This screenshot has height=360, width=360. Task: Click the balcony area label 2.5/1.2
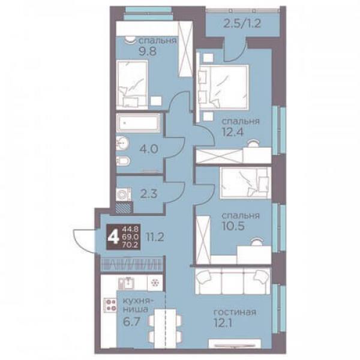(242, 23)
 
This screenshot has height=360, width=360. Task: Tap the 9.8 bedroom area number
(148, 51)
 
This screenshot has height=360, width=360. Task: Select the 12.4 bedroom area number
(232, 132)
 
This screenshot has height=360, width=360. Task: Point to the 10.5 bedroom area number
(233, 226)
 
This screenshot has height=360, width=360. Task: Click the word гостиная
(235, 312)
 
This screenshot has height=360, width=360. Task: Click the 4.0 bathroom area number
(149, 149)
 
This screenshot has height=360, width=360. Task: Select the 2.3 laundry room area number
(149, 194)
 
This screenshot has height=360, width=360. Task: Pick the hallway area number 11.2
(155, 237)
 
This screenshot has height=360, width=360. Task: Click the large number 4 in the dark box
(113, 237)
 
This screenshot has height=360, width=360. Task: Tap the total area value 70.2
(130, 245)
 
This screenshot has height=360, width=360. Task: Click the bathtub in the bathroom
(138, 123)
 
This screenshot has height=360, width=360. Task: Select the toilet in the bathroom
(123, 161)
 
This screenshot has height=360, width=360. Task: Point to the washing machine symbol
(123, 194)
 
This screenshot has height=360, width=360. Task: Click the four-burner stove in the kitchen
(110, 305)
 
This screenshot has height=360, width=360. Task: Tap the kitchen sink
(126, 283)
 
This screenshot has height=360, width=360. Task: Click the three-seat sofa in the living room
(233, 281)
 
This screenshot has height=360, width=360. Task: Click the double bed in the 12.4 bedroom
(224, 87)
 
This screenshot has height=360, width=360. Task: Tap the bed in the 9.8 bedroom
(132, 85)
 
